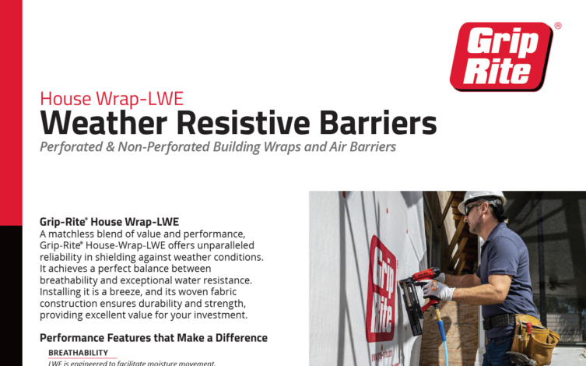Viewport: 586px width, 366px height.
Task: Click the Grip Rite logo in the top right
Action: (500, 56)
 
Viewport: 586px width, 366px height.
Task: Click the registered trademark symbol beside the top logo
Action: (558, 26)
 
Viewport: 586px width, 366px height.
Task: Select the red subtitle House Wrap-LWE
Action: (111, 99)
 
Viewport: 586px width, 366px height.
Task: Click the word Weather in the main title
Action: (104, 123)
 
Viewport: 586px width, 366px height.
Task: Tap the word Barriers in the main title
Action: (374, 123)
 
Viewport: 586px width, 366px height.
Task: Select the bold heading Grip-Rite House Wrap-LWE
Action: (109, 222)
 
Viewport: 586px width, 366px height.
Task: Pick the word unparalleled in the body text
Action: (226, 246)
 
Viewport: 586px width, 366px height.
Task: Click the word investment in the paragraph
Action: (212, 315)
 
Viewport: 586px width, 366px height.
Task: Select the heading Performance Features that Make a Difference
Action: (153, 338)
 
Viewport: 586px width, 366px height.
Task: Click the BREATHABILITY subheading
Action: (78, 353)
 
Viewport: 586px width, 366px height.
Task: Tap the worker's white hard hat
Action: (480, 199)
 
